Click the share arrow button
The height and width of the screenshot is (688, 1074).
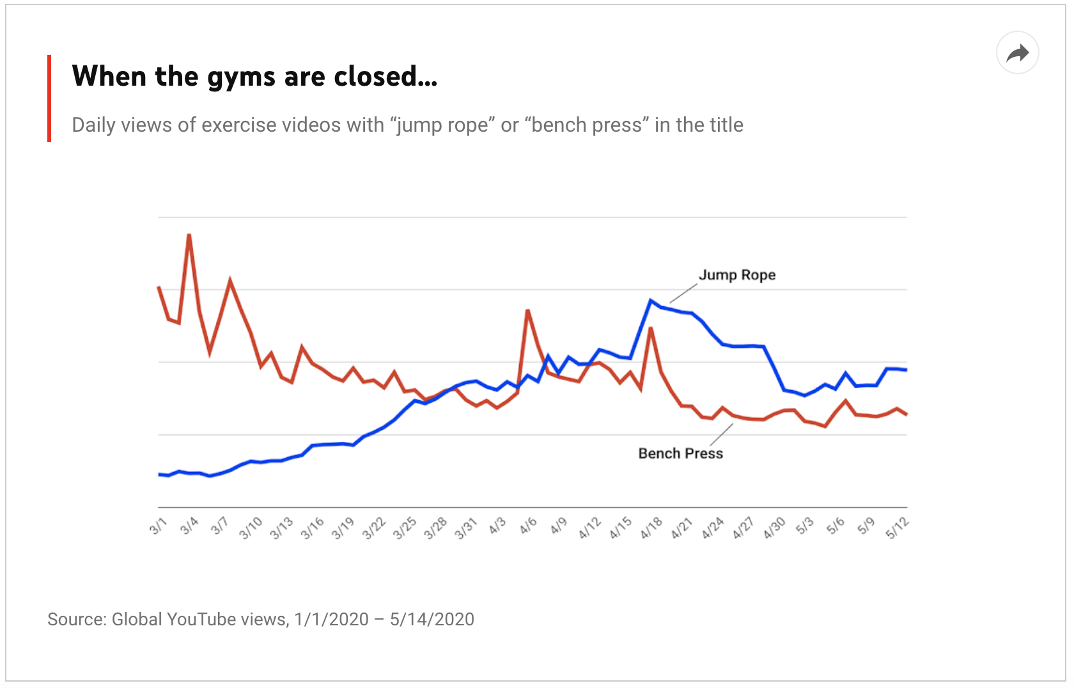click(x=1017, y=53)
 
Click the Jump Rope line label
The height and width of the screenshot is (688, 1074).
click(x=736, y=275)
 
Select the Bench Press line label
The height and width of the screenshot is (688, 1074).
click(x=680, y=453)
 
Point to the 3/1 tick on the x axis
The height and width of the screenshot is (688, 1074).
click(x=158, y=526)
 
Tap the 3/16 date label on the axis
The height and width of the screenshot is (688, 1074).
click(x=313, y=528)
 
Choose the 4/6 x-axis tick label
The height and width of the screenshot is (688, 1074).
click(x=528, y=526)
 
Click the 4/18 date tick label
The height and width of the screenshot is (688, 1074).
click(x=651, y=528)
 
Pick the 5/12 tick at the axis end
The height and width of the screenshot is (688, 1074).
click(x=897, y=528)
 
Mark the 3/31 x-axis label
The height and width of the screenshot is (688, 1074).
click(x=466, y=528)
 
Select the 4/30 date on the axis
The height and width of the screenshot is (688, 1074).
click(x=774, y=528)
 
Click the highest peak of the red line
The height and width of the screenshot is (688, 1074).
click(x=189, y=235)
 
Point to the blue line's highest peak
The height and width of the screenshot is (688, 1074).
click(x=651, y=300)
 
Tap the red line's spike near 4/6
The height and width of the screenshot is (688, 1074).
click(x=527, y=311)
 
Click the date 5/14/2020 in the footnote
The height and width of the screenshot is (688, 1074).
click(x=432, y=620)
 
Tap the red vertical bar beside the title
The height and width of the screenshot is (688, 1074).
click(x=49, y=98)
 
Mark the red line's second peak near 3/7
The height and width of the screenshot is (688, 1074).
click(x=230, y=280)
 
